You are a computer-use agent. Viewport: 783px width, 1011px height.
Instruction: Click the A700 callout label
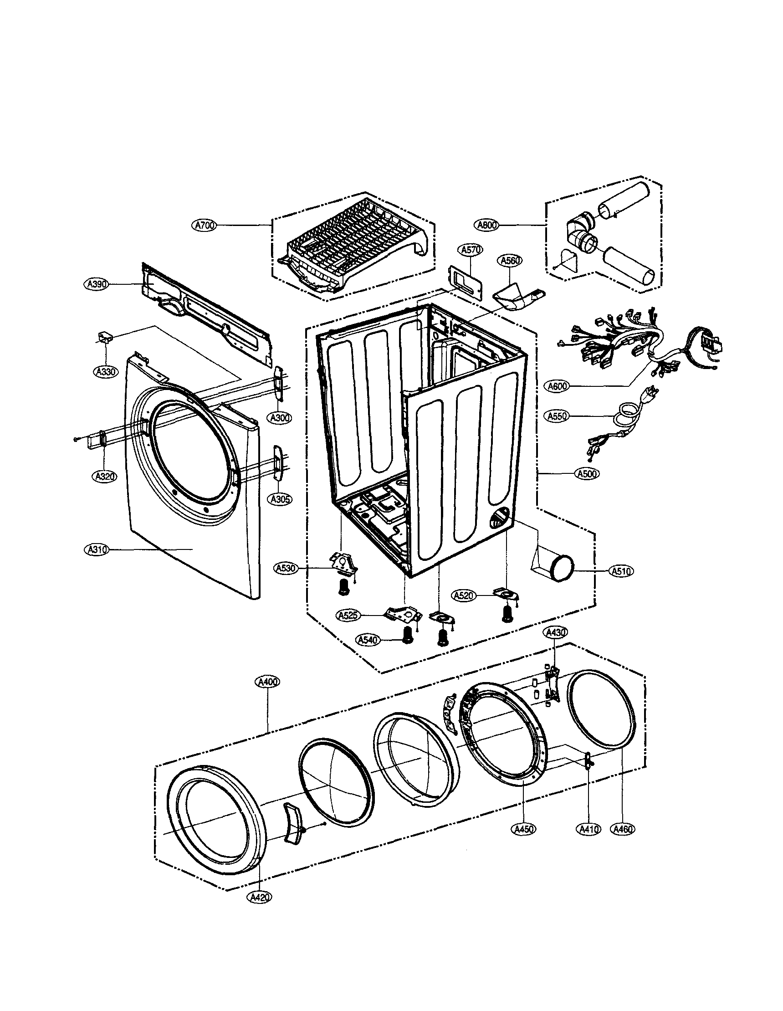pyautogui.click(x=204, y=226)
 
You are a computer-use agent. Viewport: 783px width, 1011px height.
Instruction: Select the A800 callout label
pyautogui.click(x=486, y=225)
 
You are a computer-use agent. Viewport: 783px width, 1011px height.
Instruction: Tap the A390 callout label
pyautogui.click(x=96, y=284)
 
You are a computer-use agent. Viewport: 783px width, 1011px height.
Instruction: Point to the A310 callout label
pyautogui.click(x=96, y=549)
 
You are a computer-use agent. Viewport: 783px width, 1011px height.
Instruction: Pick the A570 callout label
pyautogui.click(x=471, y=250)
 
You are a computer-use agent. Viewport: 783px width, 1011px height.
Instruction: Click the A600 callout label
pyautogui.click(x=557, y=386)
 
